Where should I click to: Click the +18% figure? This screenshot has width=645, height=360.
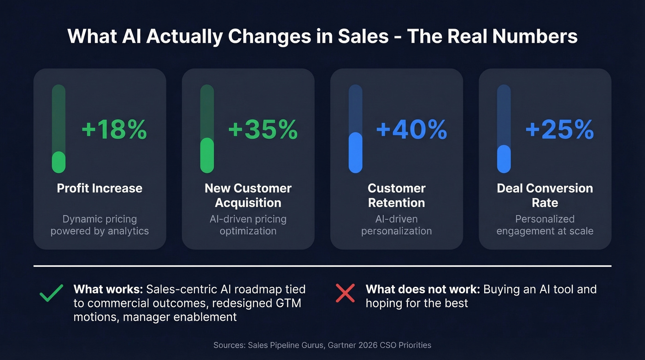pyautogui.click(x=114, y=130)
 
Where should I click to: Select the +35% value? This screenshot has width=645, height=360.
pyautogui.click(x=263, y=130)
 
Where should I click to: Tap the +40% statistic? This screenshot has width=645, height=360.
pyautogui.click(x=411, y=130)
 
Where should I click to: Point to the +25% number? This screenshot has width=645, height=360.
pyautogui.click(x=559, y=130)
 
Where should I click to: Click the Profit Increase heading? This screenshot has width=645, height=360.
pyautogui.click(x=100, y=188)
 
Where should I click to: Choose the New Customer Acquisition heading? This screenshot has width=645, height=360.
pyautogui.click(x=248, y=195)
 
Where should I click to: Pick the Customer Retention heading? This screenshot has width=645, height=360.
pyautogui.click(x=396, y=195)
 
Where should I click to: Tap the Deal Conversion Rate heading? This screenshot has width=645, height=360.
pyautogui.click(x=545, y=195)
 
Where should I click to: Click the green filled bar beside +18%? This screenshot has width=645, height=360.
pyautogui.click(x=59, y=162)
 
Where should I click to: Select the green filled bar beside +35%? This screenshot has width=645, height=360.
pyautogui.click(x=207, y=156)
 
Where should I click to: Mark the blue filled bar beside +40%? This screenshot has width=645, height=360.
pyautogui.click(x=355, y=153)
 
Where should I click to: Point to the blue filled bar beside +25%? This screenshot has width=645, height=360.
pyautogui.click(x=504, y=159)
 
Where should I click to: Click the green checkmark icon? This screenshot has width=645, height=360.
pyautogui.click(x=51, y=293)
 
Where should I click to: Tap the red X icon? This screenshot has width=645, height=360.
pyautogui.click(x=345, y=293)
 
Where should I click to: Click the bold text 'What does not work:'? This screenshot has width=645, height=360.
pyautogui.click(x=422, y=289)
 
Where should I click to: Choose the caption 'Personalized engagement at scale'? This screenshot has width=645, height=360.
pyautogui.click(x=545, y=225)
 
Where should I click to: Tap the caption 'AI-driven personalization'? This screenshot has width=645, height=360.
pyautogui.click(x=396, y=225)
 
